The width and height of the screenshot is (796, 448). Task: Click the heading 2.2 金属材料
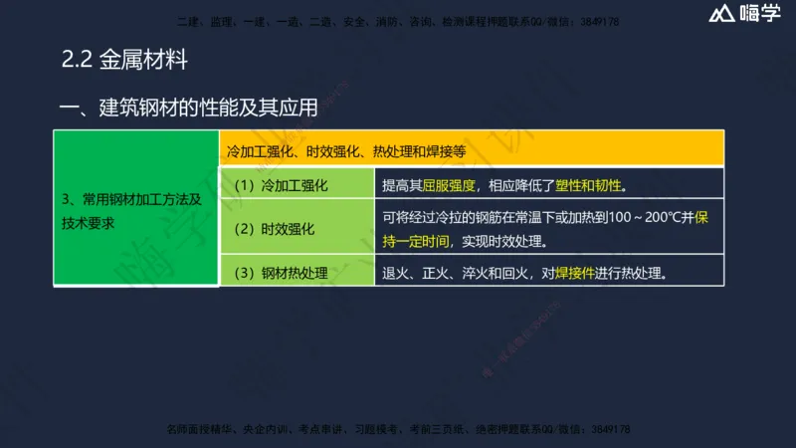click(124, 61)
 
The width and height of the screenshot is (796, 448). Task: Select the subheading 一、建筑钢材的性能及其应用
click(188, 108)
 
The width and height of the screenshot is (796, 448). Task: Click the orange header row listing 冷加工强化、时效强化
click(472, 151)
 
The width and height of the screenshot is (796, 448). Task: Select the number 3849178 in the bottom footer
click(606, 429)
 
